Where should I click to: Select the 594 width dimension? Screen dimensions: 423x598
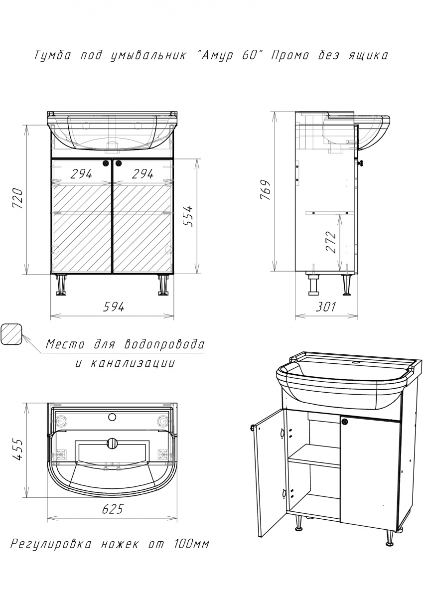click(114, 307)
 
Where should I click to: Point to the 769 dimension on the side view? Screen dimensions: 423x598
click(265, 190)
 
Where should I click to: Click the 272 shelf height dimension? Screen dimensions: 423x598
click(330, 242)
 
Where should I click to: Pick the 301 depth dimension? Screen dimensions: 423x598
click(325, 307)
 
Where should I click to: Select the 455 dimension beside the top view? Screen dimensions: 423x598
click(18, 449)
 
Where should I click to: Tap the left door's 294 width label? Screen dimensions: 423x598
click(81, 174)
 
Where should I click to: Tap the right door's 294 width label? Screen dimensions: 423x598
click(142, 174)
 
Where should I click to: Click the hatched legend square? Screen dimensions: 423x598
click(11, 335)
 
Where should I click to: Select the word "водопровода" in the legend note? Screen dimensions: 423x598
click(164, 344)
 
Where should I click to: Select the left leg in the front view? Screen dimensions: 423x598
click(61, 285)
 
